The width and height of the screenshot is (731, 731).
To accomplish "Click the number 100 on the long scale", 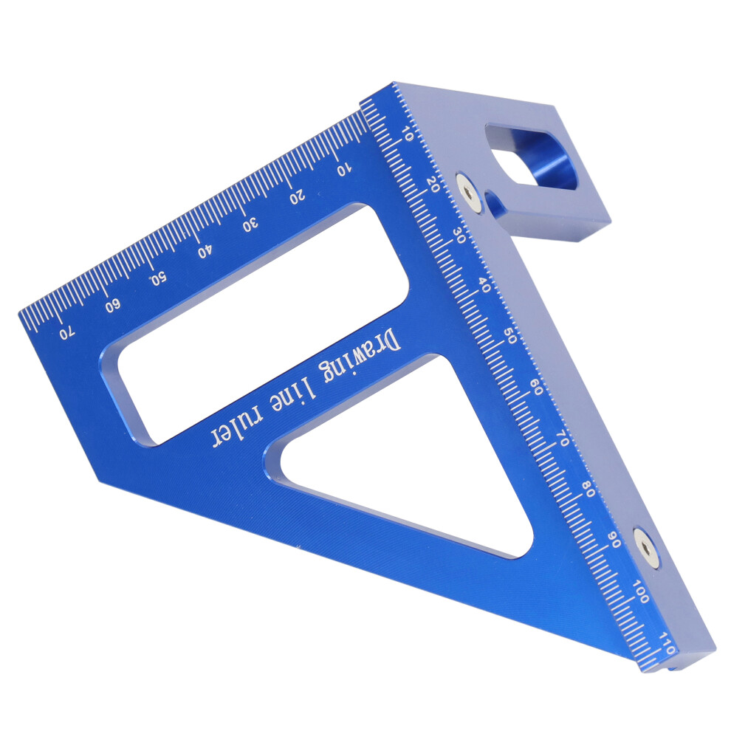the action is pos(642,591).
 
